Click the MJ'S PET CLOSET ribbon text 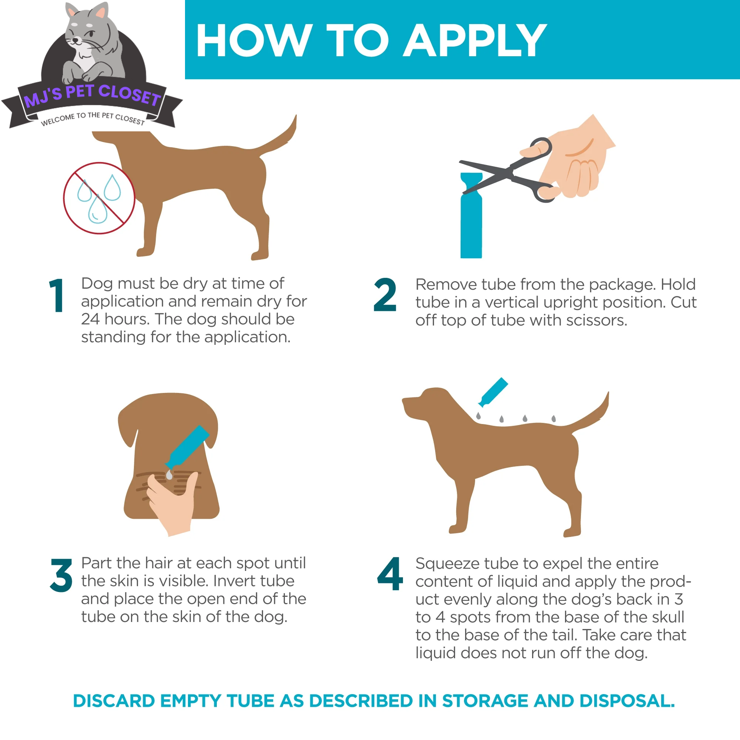point(92,96)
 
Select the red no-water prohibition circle point(99,198)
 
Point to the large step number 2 point(384,295)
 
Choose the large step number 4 point(390,574)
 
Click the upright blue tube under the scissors point(471,226)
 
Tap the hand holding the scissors point(578,161)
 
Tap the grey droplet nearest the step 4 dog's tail point(554,418)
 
